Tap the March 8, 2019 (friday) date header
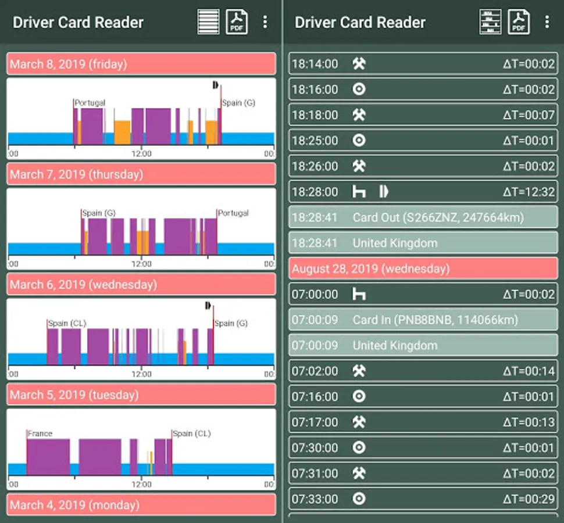(141, 64)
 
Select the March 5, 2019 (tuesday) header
(141, 395)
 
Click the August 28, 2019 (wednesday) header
(423, 268)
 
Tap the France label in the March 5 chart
(40, 434)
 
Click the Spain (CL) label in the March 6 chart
(67, 323)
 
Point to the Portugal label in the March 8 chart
(90, 103)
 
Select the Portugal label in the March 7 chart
(233, 213)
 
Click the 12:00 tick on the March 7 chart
(141, 264)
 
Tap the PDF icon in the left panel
(237, 22)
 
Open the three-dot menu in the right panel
(547, 22)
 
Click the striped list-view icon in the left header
(208, 22)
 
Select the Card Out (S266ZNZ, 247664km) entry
(438, 217)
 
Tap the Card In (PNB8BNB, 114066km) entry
(436, 320)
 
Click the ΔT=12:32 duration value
(529, 192)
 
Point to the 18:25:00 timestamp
(315, 141)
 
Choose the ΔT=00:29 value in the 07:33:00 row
(529, 499)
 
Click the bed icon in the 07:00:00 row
(359, 295)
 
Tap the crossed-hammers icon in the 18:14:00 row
(359, 63)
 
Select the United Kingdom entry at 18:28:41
(395, 243)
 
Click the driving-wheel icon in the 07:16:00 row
(359, 396)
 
